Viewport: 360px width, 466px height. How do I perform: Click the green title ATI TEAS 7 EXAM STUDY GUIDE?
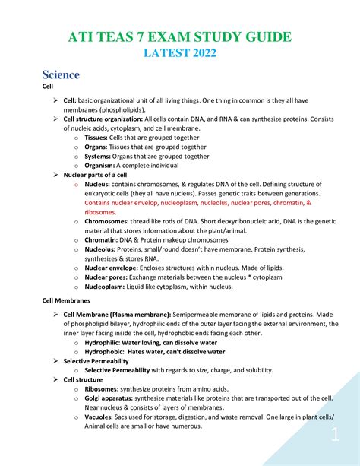coord(180,37)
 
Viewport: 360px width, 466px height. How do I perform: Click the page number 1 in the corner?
coord(335,436)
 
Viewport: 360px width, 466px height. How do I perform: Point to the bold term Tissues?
coord(99,137)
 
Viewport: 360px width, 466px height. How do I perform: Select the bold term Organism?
coord(100,165)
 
